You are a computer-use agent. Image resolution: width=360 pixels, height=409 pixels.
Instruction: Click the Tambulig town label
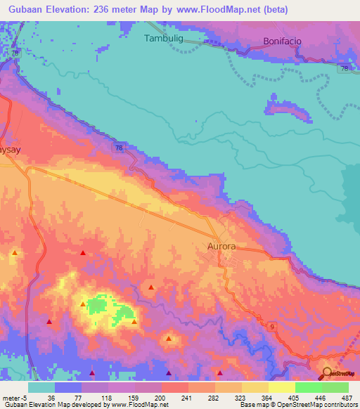click(163, 39)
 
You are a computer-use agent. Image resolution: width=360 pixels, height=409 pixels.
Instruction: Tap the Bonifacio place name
click(282, 41)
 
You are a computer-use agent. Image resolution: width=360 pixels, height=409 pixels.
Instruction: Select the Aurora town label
click(221, 247)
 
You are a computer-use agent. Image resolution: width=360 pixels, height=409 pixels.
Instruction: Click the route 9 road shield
click(270, 327)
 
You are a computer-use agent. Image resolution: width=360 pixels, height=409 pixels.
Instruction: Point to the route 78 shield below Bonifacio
click(344, 67)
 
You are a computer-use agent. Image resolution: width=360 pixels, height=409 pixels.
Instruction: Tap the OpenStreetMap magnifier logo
click(328, 373)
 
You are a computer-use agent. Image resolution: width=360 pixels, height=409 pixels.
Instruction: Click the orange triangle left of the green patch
click(84, 304)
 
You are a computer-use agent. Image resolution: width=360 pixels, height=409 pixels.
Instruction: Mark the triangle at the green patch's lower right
click(134, 322)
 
